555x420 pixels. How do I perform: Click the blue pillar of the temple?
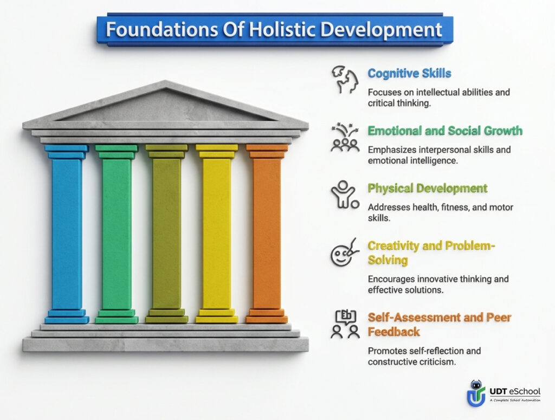tap(67, 233)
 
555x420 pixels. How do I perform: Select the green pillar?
tap(117, 233)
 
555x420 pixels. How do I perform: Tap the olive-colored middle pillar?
tap(166, 233)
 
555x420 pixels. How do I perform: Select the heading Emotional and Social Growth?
tap(445, 131)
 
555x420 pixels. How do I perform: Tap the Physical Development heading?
tap(428, 189)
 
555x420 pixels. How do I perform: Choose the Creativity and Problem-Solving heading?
tap(432, 253)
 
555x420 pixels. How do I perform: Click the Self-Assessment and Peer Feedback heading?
tap(440, 324)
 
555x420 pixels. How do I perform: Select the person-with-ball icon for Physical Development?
tap(345, 196)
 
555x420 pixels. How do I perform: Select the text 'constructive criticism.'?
tap(410, 361)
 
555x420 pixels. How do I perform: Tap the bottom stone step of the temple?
tap(165, 344)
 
